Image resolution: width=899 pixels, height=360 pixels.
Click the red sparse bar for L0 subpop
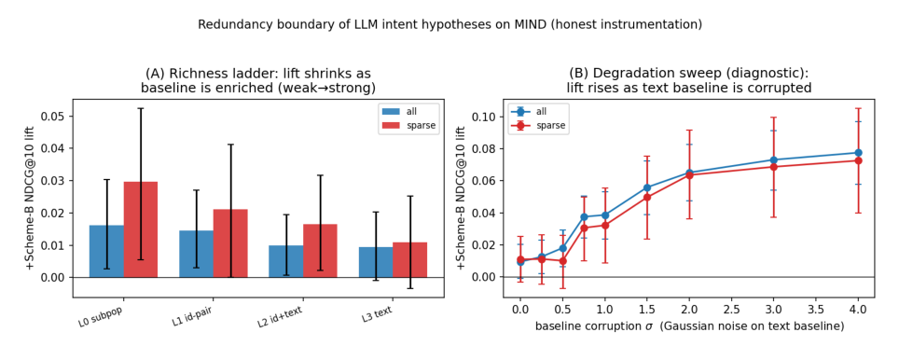click(141, 229)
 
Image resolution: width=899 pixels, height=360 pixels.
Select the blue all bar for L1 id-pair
click(196, 254)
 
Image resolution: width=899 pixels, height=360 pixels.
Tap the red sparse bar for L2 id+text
click(320, 251)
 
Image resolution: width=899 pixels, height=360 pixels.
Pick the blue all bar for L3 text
click(376, 262)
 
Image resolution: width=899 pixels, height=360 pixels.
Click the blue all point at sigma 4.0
click(858, 152)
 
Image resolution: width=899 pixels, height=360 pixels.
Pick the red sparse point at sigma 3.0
click(773, 167)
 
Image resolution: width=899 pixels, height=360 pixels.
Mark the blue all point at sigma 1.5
click(647, 187)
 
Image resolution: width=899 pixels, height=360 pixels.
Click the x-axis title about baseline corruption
click(689, 326)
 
